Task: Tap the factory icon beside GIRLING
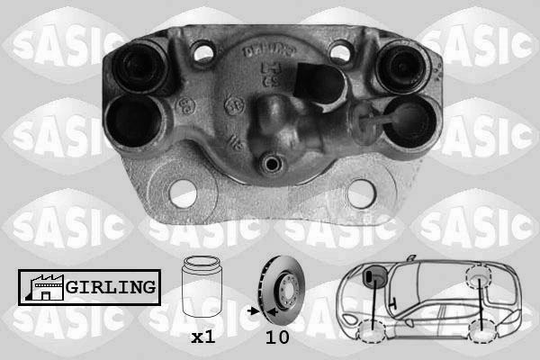40,288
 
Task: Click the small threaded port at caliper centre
272,166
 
